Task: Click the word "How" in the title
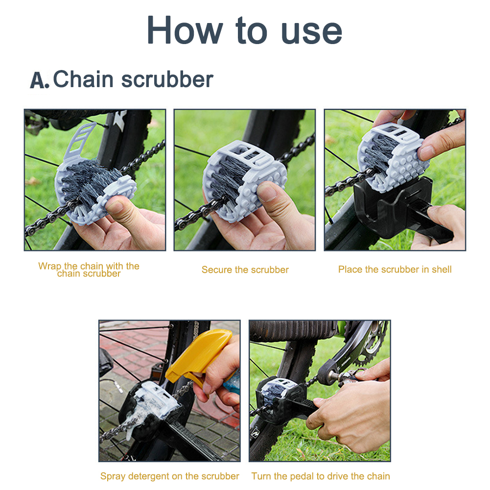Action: click(x=185, y=30)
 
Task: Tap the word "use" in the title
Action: click(x=311, y=32)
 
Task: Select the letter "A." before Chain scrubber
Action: click(x=39, y=80)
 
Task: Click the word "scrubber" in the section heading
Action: click(x=167, y=79)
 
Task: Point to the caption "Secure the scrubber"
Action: click(x=245, y=270)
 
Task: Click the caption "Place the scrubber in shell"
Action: click(x=395, y=269)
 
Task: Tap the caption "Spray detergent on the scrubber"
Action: click(x=170, y=476)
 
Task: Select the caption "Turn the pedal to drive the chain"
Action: click(x=321, y=476)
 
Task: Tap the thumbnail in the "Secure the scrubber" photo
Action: click(x=267, y=192)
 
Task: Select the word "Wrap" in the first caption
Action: click(x=50, y=266)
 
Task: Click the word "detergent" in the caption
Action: click(x=149, y=476)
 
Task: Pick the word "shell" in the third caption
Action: click(x=442, y=269)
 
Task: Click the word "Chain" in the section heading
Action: click(x=83, y=79)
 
